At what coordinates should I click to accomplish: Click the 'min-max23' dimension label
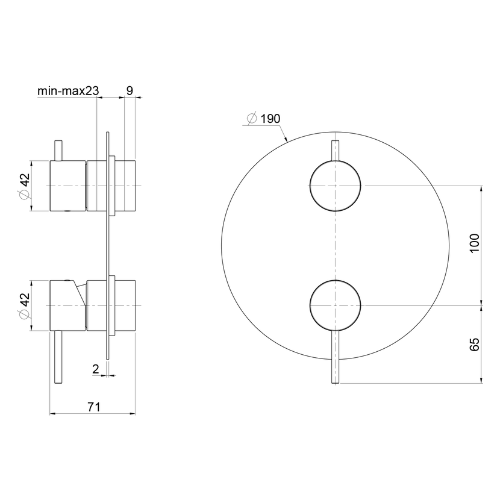68,91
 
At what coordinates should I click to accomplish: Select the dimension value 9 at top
130,90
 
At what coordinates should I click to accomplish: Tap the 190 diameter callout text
270,119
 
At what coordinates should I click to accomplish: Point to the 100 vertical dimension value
475,243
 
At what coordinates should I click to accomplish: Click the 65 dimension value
475,345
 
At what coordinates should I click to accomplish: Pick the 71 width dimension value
94,407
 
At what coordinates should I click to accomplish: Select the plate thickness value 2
96,369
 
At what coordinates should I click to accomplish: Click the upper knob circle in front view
336,160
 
